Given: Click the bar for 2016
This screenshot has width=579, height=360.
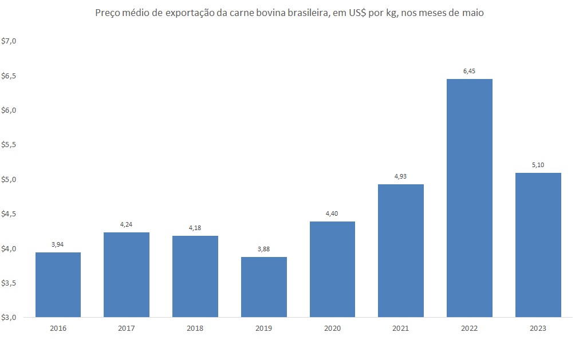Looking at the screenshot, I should coord(58,284).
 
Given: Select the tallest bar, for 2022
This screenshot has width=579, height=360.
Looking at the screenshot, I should coord(470,197).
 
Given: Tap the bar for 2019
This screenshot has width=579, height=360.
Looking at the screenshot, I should coord(264,287).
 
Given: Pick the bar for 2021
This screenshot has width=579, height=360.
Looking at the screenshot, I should coord(401,250).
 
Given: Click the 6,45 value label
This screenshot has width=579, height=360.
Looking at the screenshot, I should coord(470,72).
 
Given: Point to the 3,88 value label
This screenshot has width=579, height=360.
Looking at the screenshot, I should coord(264,250).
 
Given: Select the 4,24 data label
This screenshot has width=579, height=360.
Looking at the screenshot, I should coord(127,225).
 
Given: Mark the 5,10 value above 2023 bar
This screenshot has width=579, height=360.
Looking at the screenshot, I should coord(538,165).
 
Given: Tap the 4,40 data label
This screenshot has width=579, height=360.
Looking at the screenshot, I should coord(332,214).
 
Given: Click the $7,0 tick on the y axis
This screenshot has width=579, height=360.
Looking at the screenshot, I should coord(10,41).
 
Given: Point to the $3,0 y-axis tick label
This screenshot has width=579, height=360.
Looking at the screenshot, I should coord(10,317).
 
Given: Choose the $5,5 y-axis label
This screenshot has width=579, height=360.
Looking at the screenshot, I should coord(10,145).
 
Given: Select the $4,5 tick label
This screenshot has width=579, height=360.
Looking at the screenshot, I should coord(10,214).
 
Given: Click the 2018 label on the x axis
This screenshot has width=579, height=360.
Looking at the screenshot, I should coord(195,329).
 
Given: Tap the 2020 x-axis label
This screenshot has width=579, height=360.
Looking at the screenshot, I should coord(332,329).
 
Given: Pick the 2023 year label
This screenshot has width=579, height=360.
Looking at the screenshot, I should coord(538,329).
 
